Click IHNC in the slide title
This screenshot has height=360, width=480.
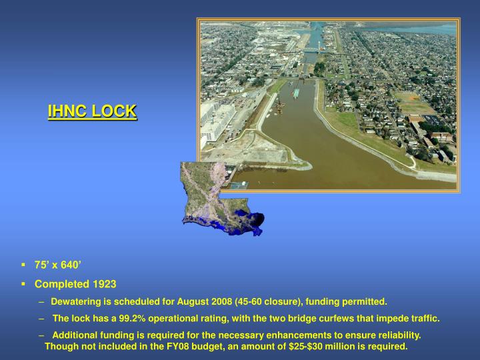point(68,111)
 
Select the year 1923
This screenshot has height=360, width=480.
point(105,284)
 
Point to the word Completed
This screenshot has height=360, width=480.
point(63,284)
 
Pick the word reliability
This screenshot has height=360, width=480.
point(397,335)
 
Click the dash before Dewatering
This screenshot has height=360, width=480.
point(43,302)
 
